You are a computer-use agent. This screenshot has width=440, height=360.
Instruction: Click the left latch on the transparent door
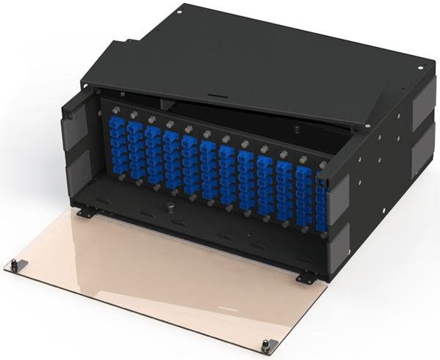click(15, 265)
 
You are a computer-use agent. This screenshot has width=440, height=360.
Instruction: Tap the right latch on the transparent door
click(270, 345)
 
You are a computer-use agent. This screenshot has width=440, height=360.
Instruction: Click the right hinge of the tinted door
click(304, 279)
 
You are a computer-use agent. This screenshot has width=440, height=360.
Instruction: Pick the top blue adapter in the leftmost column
click(115, 125)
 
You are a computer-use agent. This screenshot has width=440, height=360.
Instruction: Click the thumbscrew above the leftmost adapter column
click(116, 111)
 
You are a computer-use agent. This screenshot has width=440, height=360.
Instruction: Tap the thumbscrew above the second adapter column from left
click(134, 115)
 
